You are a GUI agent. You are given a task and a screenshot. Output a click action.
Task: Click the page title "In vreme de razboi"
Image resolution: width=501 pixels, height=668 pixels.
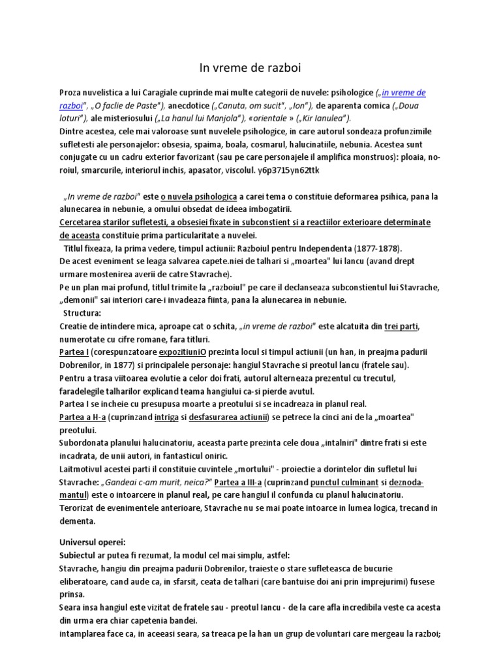250,67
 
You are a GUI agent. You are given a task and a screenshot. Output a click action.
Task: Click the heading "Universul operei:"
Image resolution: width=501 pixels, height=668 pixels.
97,542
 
